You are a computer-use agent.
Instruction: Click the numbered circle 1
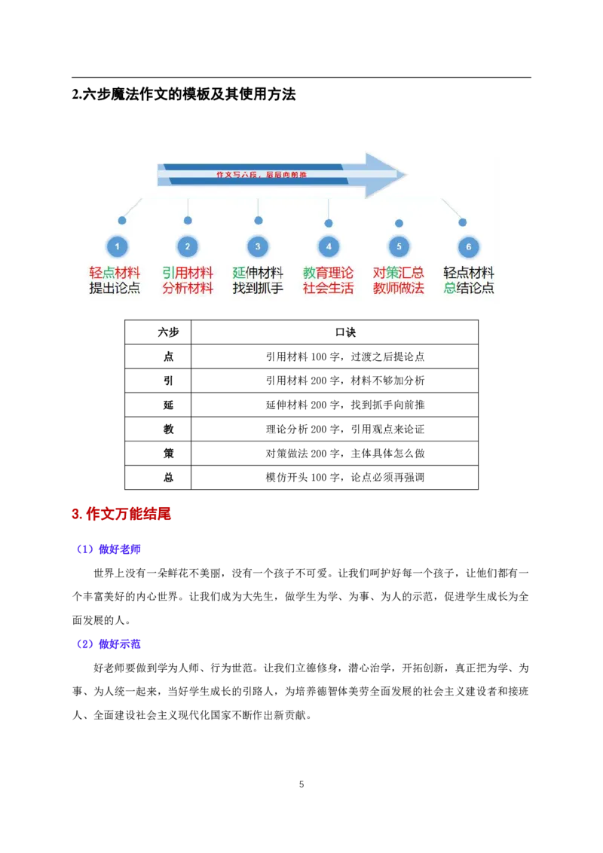point(117,246)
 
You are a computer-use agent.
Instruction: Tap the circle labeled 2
point(188,246)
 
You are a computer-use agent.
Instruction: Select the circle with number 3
point(258,246)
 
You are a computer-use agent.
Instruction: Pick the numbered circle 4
point(329,246)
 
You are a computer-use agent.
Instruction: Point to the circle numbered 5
point(399,246)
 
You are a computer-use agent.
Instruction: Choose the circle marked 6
point(469,246)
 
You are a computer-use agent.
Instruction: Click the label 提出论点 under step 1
point(115,289)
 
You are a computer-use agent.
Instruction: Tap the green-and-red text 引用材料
point(188,273)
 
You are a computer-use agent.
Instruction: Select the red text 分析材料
point(188,289)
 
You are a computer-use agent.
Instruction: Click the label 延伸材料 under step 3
point(258,273)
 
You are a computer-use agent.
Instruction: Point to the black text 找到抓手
point(258,289)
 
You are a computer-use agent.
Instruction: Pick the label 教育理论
point(328,273)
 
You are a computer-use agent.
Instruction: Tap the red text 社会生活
point(328,289)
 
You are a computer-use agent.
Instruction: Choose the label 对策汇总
point(398,273)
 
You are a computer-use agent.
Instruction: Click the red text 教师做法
point(398,289)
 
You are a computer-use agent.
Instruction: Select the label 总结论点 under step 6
point(469,289)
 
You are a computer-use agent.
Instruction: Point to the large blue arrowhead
point(383,176)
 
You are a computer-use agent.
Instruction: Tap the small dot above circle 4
point(329,223)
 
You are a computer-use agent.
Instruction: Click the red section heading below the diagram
point(121,515)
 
